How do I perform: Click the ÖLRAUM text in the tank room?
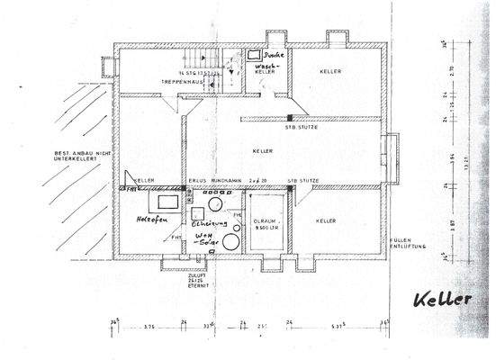point(263,218)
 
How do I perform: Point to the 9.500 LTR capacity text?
point(266,227)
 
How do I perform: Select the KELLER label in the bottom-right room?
point(327,220)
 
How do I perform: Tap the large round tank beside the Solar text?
point(231,240)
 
